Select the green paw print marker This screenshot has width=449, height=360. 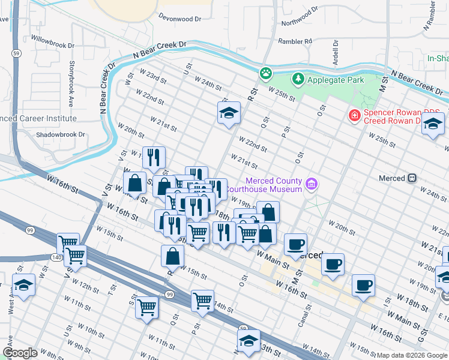click(x=265, y=73)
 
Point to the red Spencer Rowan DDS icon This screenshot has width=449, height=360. click(x=355, y=115)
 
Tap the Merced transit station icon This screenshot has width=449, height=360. click(x=412, y=178)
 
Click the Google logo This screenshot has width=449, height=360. click(x=20, y=353)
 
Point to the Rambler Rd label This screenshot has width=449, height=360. click(x=295, y=41)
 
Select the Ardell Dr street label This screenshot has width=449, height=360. click(x=336, y=53)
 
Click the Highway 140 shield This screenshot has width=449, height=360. click(x=56, y=257)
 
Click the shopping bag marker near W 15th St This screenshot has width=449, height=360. click(x=172, y=256)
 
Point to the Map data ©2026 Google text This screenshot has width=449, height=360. click(x=411, y=355)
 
